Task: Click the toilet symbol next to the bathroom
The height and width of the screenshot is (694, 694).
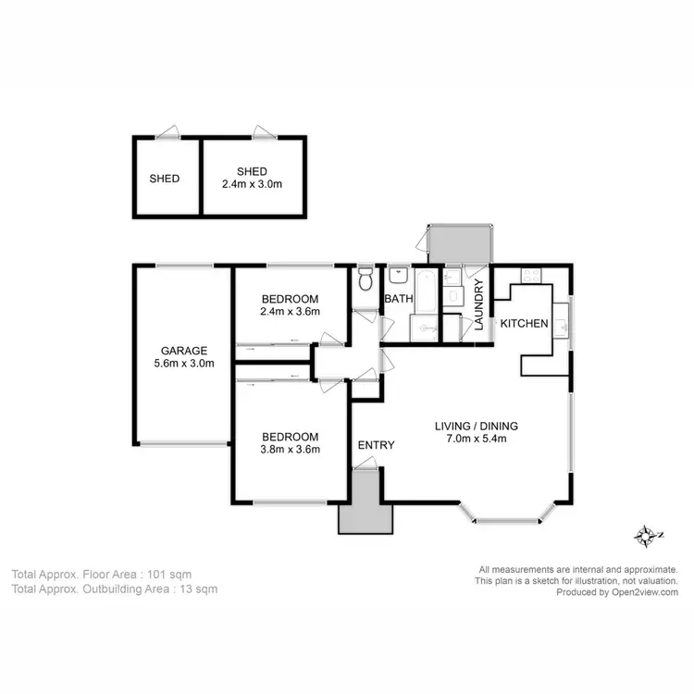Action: click(366, 278)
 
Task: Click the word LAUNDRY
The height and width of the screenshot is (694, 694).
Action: click(479, 304)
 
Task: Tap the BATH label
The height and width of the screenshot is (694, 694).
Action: click(398, 299)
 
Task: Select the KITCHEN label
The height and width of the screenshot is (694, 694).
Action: click(525, 324)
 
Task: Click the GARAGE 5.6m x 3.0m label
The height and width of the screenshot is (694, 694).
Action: click(183, 356)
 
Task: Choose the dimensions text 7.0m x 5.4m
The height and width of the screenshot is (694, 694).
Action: click(477, 440)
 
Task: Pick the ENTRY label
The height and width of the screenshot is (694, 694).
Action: click(376, 445)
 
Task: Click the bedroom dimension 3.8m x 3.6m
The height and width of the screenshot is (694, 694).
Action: click(290, 451)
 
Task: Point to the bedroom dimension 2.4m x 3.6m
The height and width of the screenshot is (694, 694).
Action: click(290, 312)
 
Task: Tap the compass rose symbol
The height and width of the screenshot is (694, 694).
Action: click(645, 535)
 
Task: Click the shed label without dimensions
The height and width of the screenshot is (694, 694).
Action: click(165, 179)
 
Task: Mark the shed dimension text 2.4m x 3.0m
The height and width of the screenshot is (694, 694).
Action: click(252, 184)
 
